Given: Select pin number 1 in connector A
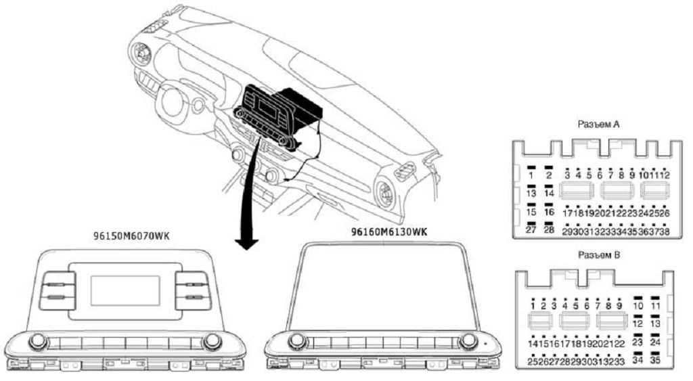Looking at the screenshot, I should pos(532,176).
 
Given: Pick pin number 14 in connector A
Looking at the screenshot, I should pos(550,194).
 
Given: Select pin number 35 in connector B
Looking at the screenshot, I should pos(655,361).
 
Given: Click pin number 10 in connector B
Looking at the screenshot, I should pos(638,306).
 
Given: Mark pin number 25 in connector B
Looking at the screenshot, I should pos(534,361).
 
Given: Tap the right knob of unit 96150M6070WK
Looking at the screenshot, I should pos(212,340).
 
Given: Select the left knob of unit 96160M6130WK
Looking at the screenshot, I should pos(296,340).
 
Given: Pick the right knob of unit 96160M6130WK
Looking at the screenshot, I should pos(466,341).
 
